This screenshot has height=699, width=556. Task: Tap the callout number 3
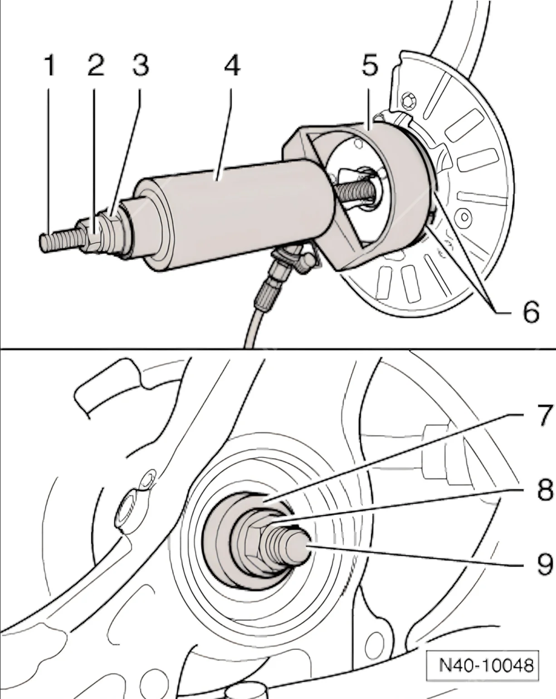pyautogui.click(x=140, y=66)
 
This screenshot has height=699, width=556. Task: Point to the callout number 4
pyautogui.click(x=232, y=66)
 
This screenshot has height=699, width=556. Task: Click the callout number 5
pyautogui.click(x=370, y=66)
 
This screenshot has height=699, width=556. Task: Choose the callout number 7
pyautogui.click(x=541, y=416)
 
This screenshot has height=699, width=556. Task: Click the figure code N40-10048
pyautogui.click(x=486, y=666)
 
